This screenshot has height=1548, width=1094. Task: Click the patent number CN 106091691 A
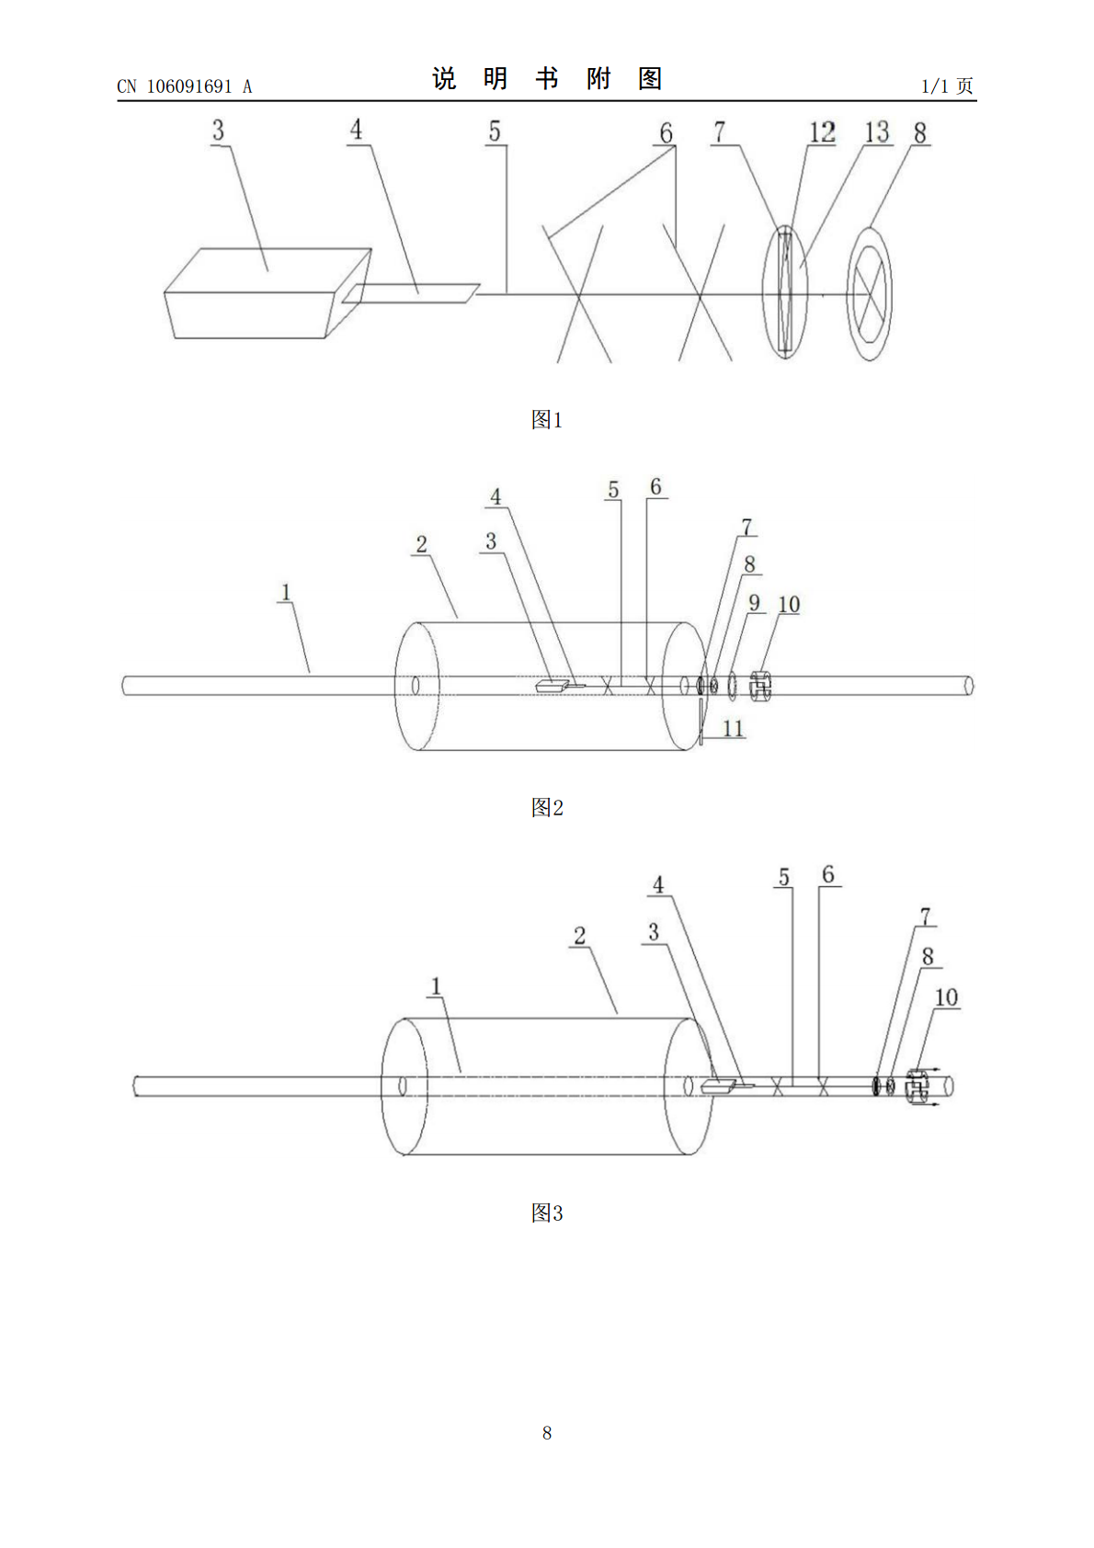[x=185, y=86]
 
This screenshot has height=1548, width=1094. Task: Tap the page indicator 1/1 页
[x=947, y=86]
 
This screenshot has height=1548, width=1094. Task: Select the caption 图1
[x=547, y=419]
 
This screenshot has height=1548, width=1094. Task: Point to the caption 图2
[x=547, y=807]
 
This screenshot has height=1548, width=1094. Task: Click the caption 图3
[x=547, y=1212]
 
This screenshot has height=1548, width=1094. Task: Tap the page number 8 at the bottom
[x=547, y=1432]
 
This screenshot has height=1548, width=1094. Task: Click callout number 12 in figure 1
[x=823, y=132]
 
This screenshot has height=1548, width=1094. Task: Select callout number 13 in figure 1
[x=877, y=132]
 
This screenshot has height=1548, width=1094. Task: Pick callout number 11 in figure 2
[x=733, y=728]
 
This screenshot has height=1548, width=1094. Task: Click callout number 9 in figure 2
[x=754, y=603]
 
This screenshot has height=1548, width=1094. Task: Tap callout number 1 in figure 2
[x=286, y=592]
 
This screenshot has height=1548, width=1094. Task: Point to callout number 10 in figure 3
[x=946, y=997]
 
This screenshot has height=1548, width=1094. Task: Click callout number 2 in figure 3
[x=580, y=936]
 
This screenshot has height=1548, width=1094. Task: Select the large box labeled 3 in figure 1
[x=268, y=293]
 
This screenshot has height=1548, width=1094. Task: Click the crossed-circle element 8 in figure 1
[x=870, y=294]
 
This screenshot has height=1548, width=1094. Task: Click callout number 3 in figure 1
[x=219, y=130]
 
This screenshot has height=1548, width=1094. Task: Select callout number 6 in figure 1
[x=667, y=132]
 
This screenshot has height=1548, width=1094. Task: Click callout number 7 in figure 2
[x=746, y=528]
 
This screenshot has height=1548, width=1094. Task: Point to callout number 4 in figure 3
[x=658, y=884]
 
